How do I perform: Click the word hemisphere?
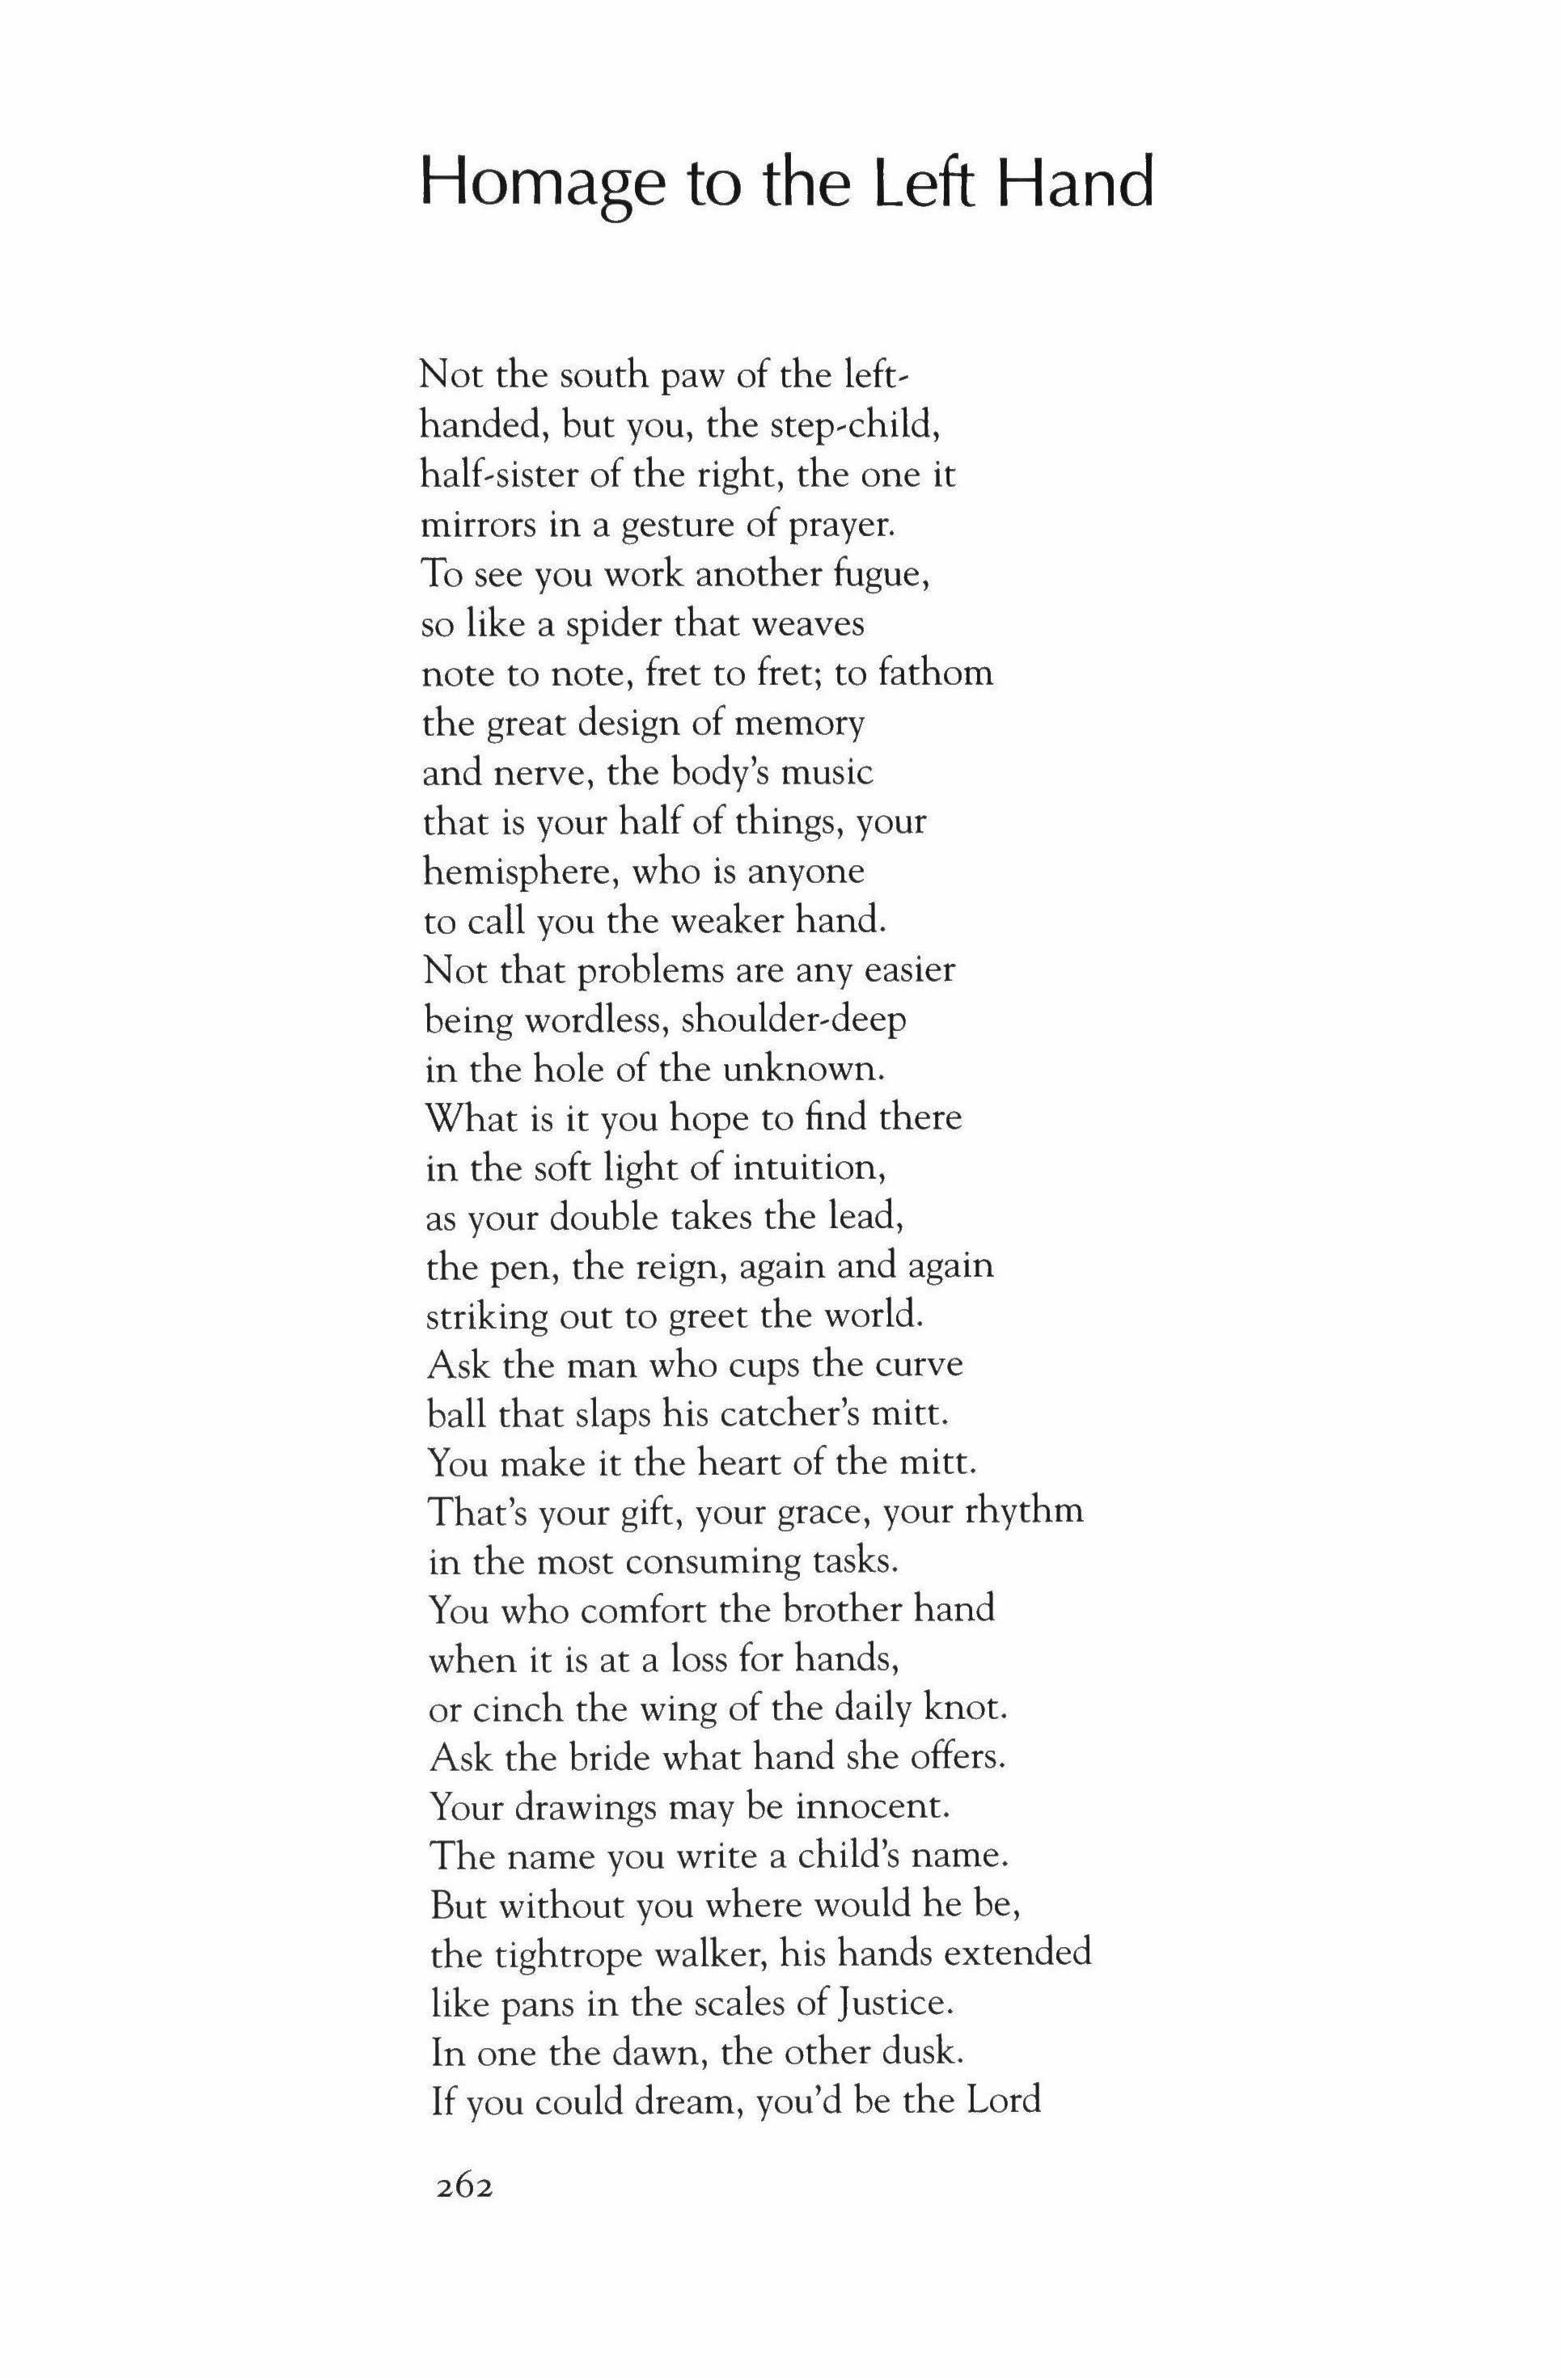pos(510,872)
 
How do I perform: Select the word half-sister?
pos(497,475)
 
